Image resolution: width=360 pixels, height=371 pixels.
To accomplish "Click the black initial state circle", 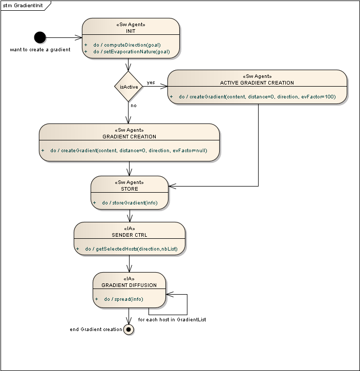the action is tap(40, 37).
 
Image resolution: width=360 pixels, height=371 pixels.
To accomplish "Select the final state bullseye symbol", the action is tap(129, 329).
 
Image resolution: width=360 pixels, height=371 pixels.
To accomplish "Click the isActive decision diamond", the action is tap(129, 87).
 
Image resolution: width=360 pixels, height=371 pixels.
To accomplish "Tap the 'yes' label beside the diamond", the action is tap(151, 83).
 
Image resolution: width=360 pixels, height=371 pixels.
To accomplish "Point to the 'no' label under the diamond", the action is tap(134, 106).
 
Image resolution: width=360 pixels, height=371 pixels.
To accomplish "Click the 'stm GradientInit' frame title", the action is tap(23, 6).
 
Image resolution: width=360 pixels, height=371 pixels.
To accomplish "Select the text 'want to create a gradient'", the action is tap(40, 50).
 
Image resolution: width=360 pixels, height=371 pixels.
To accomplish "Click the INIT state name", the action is tap(131, 31).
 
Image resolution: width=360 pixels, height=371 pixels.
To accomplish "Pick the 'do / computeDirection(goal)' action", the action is tap(127, 45).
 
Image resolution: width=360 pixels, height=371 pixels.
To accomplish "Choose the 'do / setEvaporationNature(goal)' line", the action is tap(132, 52).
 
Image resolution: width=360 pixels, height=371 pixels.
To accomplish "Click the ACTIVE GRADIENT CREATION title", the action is tap(257, 83).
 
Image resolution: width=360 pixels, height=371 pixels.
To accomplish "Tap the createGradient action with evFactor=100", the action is tap(257, 96).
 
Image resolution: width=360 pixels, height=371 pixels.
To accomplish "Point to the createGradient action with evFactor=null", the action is tap(129, 151).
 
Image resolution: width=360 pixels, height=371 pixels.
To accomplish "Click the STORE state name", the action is tap(130, 189).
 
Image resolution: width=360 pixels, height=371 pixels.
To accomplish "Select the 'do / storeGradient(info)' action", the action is tap(130, 203).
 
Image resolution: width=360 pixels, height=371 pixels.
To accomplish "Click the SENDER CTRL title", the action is tap(130, 235).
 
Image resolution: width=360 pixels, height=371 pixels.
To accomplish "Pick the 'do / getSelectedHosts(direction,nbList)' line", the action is tap(131, 249).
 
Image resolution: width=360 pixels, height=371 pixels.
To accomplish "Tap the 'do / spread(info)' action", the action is tap(123, 299).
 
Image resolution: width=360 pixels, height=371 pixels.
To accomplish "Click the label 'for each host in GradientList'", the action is tap(172, 320).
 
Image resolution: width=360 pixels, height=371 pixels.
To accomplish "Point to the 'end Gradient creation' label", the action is tap(96, 329).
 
